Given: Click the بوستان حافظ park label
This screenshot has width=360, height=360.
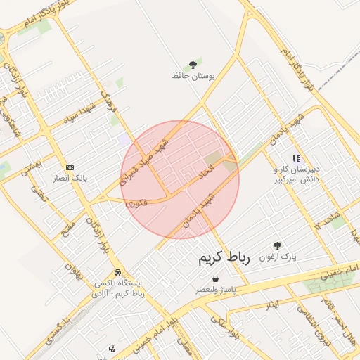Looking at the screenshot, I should point(192,75).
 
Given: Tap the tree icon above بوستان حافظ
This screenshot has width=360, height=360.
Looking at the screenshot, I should point(193,65).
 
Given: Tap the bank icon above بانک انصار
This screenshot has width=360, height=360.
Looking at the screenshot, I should point(70,167).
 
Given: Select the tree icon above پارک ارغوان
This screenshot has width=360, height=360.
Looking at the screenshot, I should point(278,245).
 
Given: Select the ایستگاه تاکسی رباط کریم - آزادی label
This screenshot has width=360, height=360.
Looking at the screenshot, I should point(120,288).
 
